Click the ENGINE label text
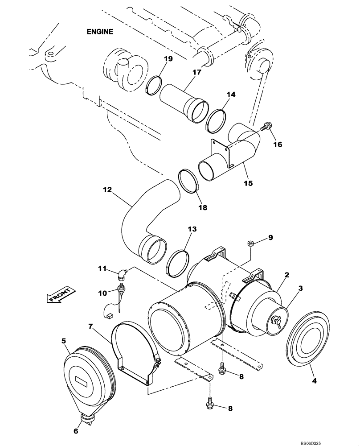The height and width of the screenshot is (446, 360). coord(100,32)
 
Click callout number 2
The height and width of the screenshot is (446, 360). coord(287,275)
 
